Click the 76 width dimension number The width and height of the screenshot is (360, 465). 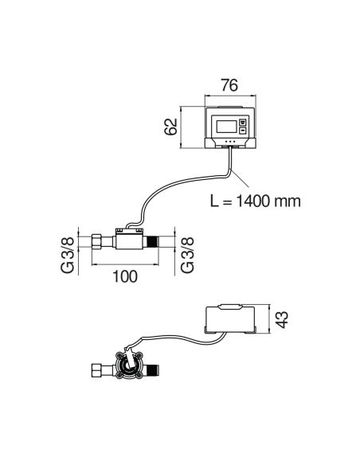coord(229,85)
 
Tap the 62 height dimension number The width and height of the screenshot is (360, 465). coord(170,127)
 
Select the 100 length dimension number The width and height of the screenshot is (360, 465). coord(125,276)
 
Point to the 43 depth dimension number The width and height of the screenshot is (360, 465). coord(282,319)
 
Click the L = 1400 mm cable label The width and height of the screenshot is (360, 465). coord(256,201)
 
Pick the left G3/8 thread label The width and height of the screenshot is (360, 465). coord(68,255)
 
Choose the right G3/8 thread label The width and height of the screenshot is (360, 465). coord(187,255)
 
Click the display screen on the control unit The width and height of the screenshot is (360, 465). coord(226,127)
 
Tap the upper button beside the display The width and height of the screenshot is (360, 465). coord(243,122)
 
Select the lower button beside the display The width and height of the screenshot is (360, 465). coord(243,131)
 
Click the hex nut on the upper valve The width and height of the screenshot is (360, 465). coord(97,241)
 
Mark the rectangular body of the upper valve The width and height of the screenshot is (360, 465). coord(129,240)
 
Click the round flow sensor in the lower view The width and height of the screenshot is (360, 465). coord(129,365)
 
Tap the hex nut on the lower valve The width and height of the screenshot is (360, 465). coord(97,370)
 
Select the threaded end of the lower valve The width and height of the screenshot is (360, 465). coord(153,369)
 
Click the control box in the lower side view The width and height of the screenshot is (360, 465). coord(230,318)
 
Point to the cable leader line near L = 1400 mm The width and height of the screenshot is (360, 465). coord(240,178)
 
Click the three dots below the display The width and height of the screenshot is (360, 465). coord(230,142)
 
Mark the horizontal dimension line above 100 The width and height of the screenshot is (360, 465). coord(125,264)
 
